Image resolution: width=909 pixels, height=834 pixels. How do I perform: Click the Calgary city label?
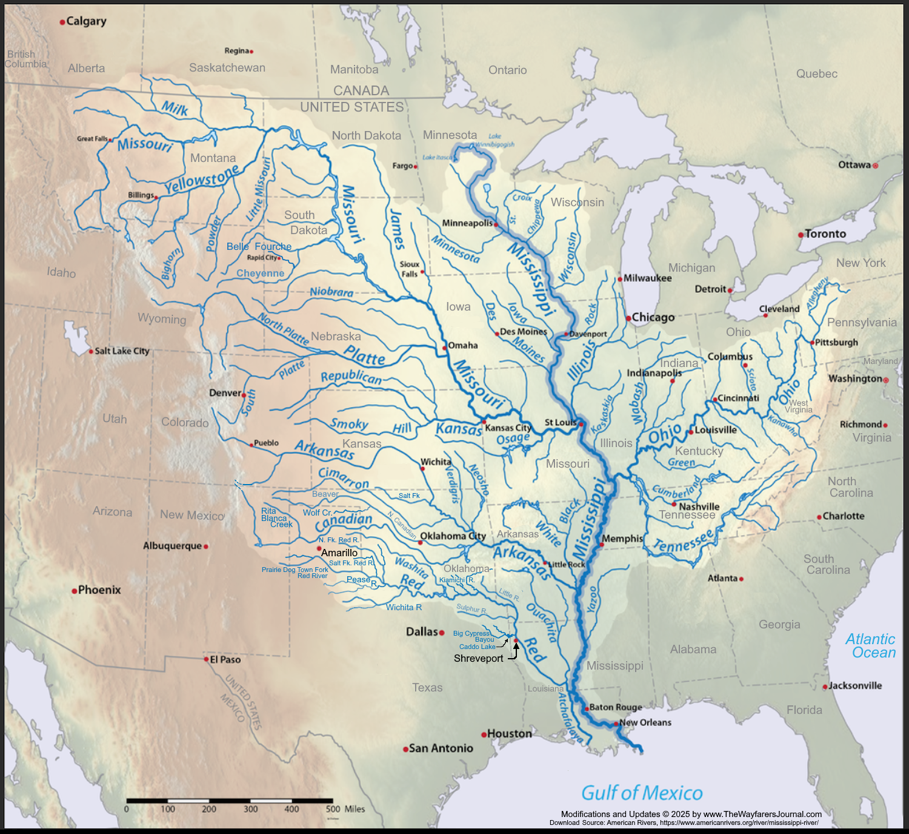[x=86, y=21]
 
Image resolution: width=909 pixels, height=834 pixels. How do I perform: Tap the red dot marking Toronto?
[x=801, y=235]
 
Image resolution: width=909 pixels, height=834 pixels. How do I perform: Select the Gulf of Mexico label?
[x=642, y=793]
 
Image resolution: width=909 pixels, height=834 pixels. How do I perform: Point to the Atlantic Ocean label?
[x=870, y=646]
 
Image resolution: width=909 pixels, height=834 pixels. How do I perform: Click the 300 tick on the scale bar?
[x=250, y=809]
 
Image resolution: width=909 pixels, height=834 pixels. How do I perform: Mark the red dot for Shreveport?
[x=516, y=640]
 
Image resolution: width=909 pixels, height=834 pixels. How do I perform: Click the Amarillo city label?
[x=339, y=553]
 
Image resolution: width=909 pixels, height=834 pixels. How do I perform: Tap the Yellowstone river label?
[x=202, y=180]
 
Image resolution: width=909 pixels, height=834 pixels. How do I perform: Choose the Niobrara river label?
[x=331, y=292]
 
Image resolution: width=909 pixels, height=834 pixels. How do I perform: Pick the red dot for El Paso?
[x=206, y=659]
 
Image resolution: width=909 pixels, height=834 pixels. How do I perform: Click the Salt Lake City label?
[x=122, y=351]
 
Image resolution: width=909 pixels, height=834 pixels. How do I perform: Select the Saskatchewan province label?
[x=227, y=68]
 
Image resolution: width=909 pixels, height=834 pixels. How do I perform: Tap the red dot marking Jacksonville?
[x=825, y=687]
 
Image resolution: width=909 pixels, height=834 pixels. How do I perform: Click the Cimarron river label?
[x=344, y=478]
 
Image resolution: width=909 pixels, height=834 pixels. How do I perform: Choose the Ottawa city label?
[x=854, y=165]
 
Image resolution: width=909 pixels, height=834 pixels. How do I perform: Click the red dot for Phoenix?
[x=75, y=591]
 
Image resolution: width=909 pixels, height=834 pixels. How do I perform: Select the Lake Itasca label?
[x=437, y=158]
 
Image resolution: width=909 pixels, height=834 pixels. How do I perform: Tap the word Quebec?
[x=817, y=74]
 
